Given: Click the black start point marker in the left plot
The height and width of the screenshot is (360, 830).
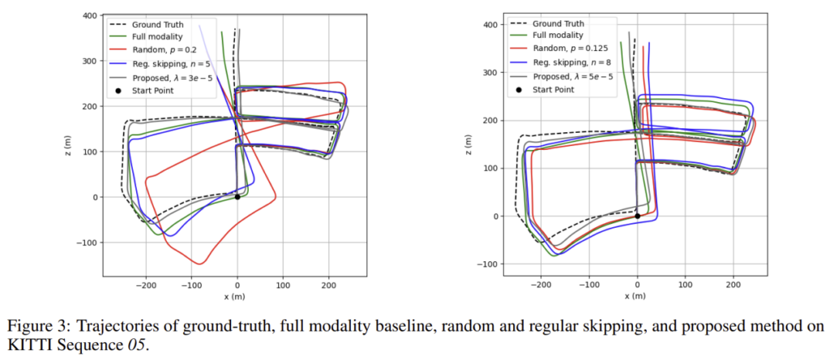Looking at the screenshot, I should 237,197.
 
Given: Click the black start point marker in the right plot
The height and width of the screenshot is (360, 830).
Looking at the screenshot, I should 638,216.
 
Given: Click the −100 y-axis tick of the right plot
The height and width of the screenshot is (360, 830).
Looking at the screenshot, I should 488,264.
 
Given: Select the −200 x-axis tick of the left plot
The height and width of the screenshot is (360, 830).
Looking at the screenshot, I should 146,286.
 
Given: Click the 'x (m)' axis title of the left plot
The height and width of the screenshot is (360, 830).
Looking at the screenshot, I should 236,298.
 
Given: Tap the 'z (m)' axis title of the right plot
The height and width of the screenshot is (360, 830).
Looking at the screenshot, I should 472,144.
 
